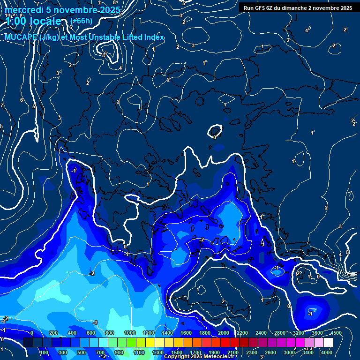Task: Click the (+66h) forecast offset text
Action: (x=81, y=21)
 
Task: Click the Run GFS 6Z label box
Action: (x=296, y=8)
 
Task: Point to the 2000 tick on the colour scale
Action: (x=223, y=333)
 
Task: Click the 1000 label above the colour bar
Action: (x=130, y=333)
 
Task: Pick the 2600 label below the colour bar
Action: (x=270, y=352)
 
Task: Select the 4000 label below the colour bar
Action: (x=327, y=352)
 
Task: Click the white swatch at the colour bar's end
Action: (x=328, y=343)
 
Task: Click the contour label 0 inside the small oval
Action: (x=215, y=137)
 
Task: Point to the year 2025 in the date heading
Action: (x=108, y=10)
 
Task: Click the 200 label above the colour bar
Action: (x=53, y=333)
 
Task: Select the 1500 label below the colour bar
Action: (x=176, y=352)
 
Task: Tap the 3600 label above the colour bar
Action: (x=318, y=333)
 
